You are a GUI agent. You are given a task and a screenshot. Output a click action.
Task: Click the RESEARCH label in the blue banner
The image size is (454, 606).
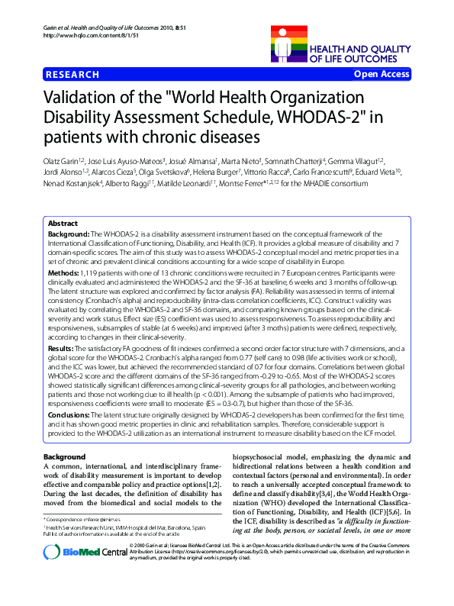72,74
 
